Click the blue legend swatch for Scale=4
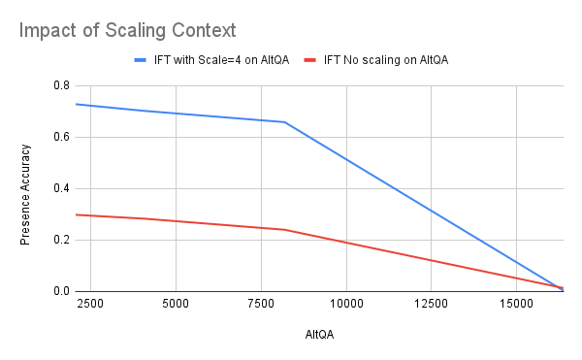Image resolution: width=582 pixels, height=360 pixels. tap(145, 60)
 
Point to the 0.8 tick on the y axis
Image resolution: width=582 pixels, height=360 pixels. tap(60, 85)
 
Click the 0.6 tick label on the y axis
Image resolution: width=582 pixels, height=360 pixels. tap(60, 137)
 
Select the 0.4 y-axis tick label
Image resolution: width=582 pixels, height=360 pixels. tap(60, 188)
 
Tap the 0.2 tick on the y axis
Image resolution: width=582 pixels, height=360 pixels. tap(60, 240)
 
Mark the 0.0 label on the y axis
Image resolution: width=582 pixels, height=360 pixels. tap(60, 291)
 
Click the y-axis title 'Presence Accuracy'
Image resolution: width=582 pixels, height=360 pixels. tap(25, 188)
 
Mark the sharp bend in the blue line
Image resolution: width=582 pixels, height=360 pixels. tap(284, 122)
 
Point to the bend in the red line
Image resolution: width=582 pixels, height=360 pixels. tap(284, 230)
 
